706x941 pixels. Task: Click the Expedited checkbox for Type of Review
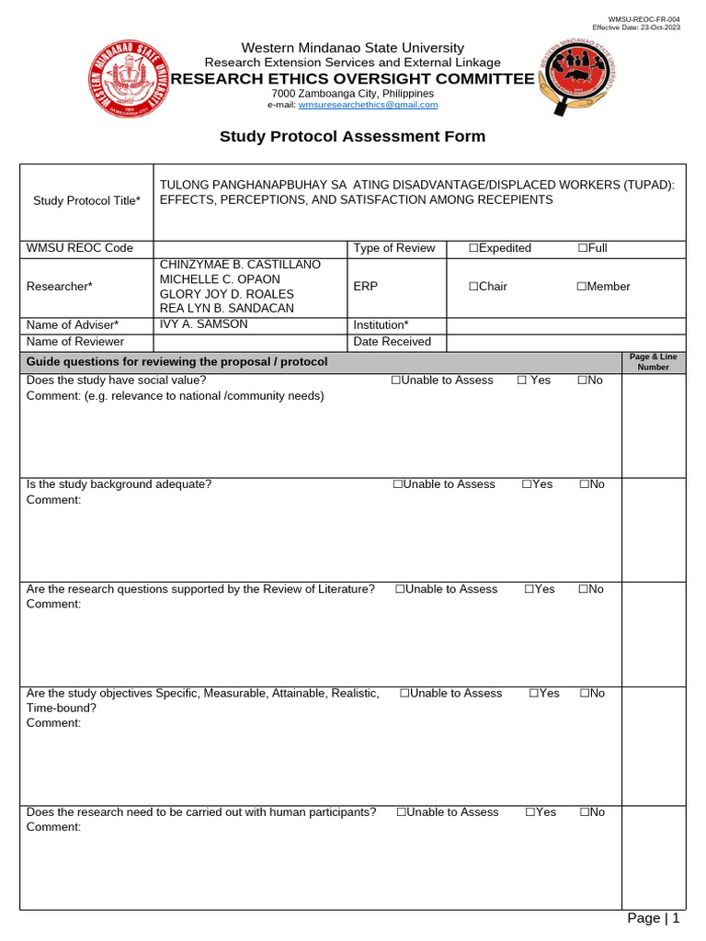(473, 248)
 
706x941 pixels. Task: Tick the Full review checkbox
(583, 248)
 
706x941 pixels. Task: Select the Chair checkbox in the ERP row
(473, 287)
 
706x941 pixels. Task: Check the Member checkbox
(582, 287)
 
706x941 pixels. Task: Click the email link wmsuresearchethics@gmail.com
(368, 105)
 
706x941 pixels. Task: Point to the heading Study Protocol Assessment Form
(352, 137)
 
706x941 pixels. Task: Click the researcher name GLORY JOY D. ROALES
(227, 294)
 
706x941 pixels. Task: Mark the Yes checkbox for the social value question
(521, 380)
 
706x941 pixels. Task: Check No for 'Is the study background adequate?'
(585, 484)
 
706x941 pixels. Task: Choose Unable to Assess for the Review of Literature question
(401, 589)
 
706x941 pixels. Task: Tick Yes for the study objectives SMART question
(534, 693)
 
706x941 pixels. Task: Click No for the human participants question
(584, 812)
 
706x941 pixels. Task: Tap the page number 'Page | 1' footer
(653, 918)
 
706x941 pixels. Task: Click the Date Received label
(393, 342)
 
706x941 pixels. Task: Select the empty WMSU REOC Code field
(250, 248)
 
